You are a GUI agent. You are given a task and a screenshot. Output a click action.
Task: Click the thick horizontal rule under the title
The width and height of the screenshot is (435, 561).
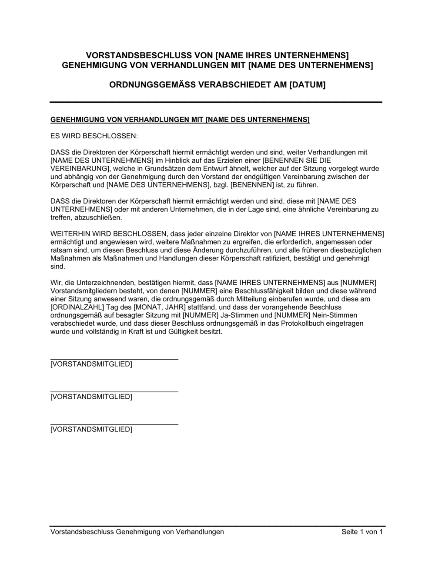[x=216, y=102]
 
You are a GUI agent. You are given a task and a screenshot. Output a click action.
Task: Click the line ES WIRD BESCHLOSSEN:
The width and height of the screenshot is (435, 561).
[x=94, y=136]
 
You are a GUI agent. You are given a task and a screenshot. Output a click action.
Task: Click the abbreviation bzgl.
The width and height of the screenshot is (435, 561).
[x=221, y=185]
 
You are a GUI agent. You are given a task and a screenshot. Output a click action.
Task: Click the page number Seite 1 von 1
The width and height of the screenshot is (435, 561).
[x=362, y=532]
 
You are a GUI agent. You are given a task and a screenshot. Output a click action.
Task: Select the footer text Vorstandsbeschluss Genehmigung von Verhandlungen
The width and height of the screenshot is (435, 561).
[x=137, y=532]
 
